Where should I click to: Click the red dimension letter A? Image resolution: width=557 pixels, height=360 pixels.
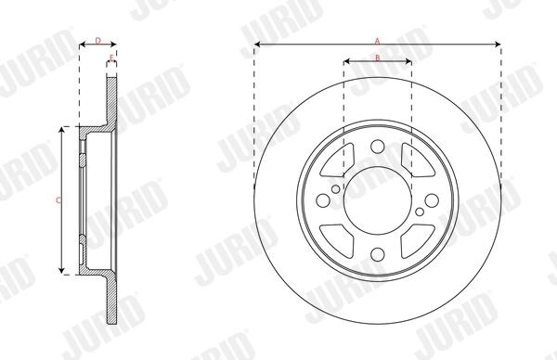click(377, 41)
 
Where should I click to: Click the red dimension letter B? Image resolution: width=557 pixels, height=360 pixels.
click(378, 58)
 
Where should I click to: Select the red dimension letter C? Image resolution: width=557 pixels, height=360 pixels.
click(58, 200)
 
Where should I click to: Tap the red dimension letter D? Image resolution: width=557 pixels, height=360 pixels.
click(98, 41)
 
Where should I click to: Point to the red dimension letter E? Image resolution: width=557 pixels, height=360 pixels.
click(111, 58)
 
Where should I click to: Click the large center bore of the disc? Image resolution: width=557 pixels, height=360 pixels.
click(378, 200)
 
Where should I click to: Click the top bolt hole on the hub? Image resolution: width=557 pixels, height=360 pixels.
click(378, 147)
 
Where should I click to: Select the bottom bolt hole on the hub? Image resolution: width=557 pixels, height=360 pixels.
click(378, 254)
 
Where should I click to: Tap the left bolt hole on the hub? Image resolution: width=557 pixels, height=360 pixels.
click(323, 200)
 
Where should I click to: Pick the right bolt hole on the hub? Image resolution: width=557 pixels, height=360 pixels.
click(432, 200)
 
